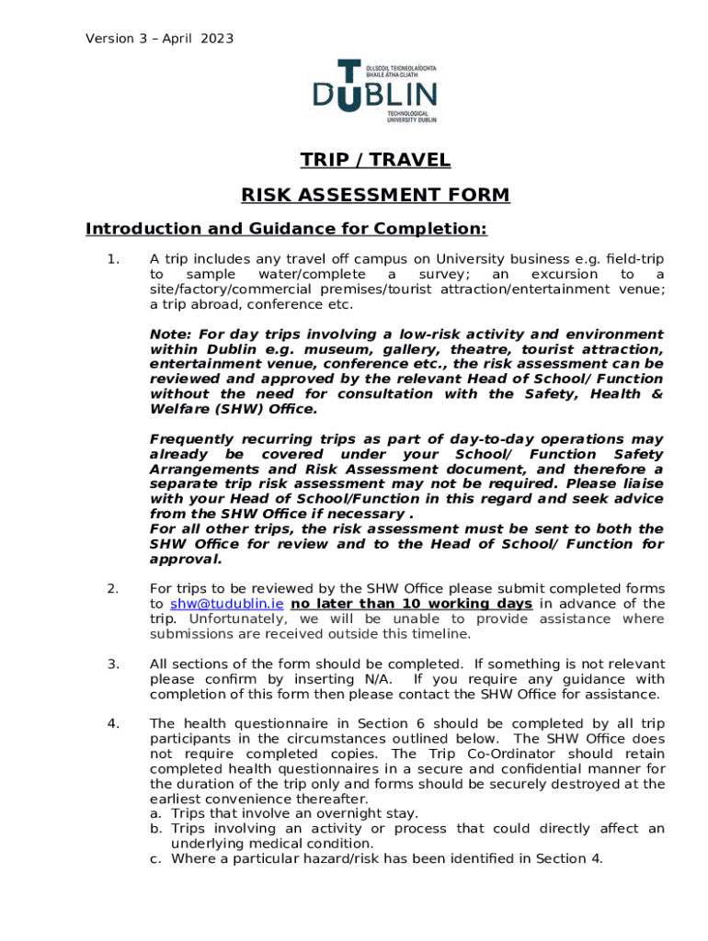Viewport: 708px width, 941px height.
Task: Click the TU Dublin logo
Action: point(375,91)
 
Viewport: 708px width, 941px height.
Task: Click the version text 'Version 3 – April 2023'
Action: point(159,39)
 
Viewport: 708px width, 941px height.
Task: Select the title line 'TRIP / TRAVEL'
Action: point(375,161)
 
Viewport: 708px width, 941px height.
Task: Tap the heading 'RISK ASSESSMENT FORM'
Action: point(375,195)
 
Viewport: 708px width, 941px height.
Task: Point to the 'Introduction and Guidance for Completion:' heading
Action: point(286,229)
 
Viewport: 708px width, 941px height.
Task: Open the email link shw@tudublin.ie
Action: point(225,604)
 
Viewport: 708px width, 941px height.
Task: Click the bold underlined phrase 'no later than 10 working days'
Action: point(411,604)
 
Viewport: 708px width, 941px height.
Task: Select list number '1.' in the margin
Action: point(113,259)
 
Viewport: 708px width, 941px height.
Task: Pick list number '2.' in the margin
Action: point(113,589)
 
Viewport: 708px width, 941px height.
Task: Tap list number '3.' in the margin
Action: point(113,664)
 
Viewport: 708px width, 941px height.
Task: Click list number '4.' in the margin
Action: point(113,724)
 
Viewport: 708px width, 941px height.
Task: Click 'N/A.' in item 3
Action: point(379,679)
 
